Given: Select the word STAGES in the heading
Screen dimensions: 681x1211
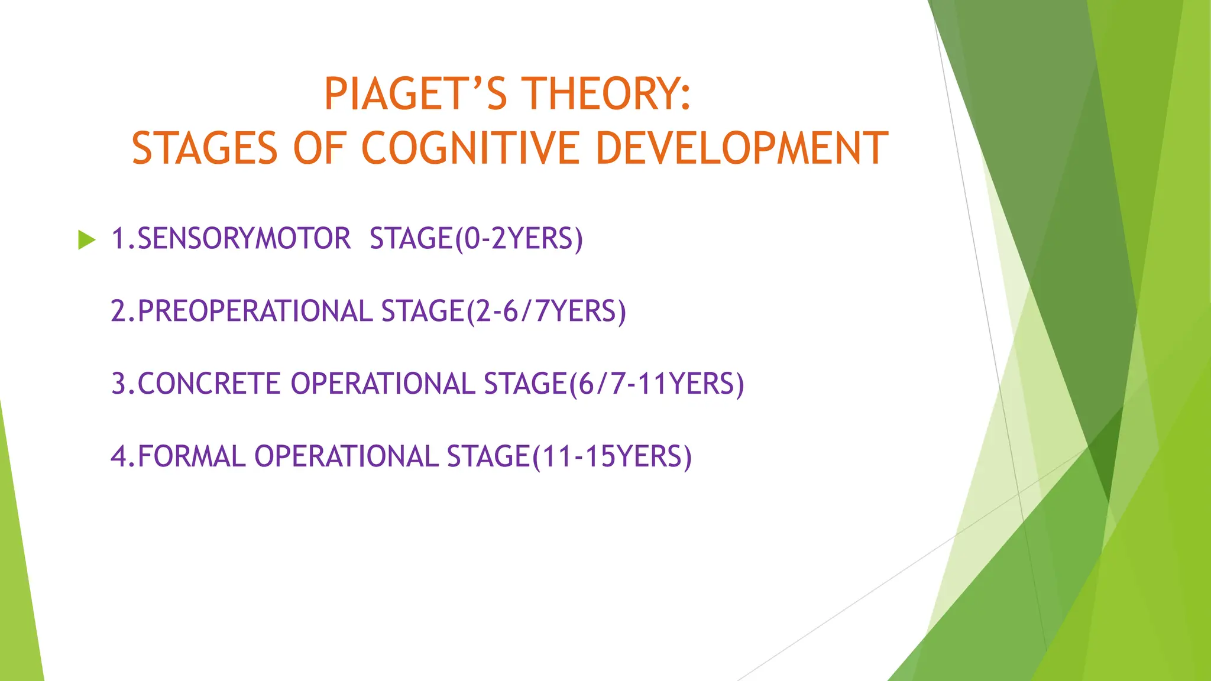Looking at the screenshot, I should [205, 148].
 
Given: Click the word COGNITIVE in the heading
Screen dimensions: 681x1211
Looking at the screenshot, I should [470, 148].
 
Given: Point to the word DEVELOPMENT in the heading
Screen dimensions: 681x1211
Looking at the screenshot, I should [742, 148].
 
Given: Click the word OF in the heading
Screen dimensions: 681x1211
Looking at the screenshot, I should [319, 148].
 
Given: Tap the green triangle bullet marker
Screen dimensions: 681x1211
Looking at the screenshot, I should [86, 240].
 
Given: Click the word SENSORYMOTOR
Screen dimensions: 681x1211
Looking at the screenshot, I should [244, 239].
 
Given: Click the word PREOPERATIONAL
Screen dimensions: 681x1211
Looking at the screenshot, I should [255, 312].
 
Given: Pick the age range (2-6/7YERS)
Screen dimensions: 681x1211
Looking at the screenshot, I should [546, 312].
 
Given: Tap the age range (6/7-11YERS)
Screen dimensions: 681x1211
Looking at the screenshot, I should [656, 384].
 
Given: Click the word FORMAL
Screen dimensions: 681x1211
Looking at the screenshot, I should [191, 456].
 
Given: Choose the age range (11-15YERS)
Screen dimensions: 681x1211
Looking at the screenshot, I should [611, 456].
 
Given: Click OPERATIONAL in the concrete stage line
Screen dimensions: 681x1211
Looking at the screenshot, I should [383, 384].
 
